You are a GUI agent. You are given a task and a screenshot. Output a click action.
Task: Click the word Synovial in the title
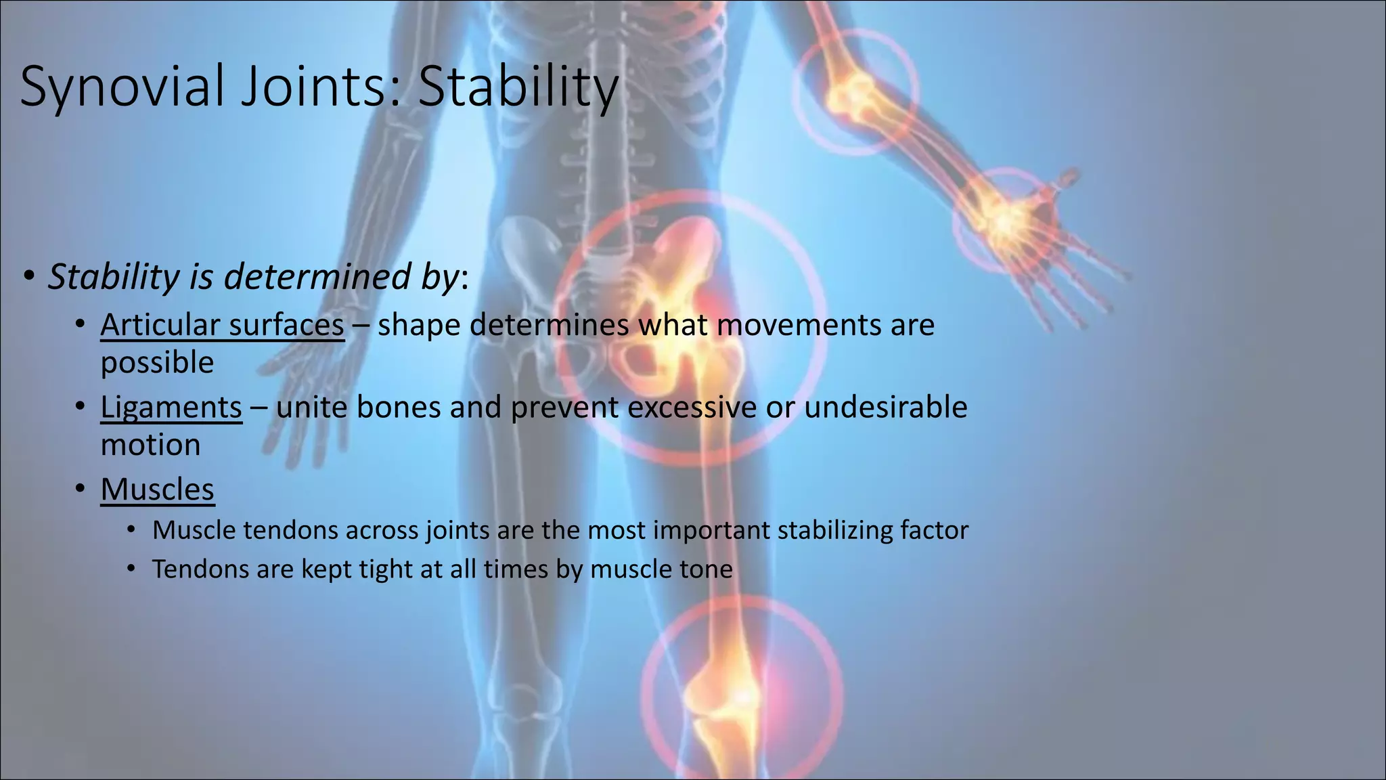[x=122, y=87]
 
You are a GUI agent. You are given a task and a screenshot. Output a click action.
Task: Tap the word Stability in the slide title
[x=518, y=87]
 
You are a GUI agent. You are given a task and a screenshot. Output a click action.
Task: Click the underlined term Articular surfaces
[x=222, y=325]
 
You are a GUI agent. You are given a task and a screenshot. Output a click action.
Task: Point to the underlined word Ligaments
[x=171, y=408]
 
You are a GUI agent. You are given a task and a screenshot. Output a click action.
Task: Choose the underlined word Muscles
[x=157, y=490]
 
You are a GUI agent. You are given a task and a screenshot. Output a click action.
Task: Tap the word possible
[x=157, y=363]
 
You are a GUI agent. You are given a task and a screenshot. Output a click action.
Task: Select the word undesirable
[x=885, y=408]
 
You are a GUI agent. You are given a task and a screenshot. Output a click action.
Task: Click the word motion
[x=150, y=446]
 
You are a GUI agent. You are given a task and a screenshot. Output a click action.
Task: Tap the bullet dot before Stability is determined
[x=28, y=277]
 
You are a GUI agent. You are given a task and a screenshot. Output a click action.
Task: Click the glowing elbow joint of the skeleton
[x=854, y=95]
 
